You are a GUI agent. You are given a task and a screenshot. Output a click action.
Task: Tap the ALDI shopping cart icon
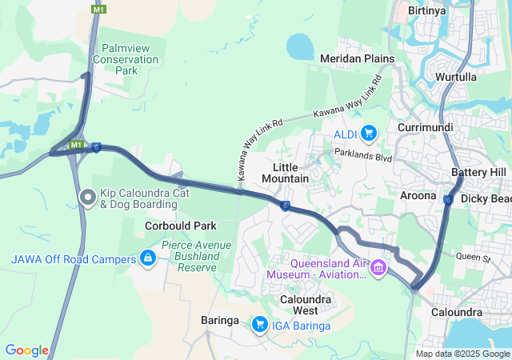pyautogui.click(x=368, y=133)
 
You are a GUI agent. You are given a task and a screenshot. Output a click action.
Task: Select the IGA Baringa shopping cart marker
pyautogui.click(x=259, y=324)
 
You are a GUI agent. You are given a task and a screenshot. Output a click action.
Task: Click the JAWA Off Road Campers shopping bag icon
pyautogui.click(x=147, y=258)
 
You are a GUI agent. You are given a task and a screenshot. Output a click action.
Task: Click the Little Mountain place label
pyautogui.click(x=286, y=172)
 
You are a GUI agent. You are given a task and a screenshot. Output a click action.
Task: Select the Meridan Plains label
pyautogui.click(x=357, y=58)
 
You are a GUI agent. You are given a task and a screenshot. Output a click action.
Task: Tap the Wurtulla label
pyautogui.click(x=456, y=77)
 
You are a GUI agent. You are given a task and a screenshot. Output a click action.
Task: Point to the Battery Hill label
pyautogui.click(x=478, y=172)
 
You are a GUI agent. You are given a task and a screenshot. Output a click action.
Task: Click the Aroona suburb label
pyautogui.click(x=418, y=195)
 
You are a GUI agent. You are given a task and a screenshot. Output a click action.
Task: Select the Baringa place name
pyautogui.click(x=220, y=320)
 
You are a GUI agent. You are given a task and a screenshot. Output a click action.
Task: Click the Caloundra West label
pyautogui.click(x=299, y=305)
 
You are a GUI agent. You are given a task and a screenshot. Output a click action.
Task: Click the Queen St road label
pyautogui.click(x=473, y=258)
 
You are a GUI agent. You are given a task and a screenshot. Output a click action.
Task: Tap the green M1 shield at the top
pyautogui.click(x=98, y=9)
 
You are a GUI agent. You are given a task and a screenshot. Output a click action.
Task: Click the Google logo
pyautogui.click(x=26, y=350)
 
